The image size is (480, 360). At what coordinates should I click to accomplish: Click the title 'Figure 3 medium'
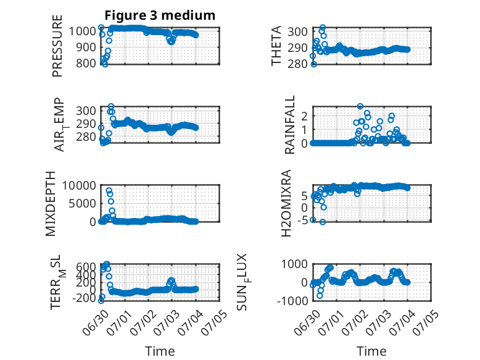point(160,15)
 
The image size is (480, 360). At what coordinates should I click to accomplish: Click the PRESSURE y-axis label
point(57,46)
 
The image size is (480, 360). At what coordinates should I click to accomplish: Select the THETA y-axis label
point(276,46)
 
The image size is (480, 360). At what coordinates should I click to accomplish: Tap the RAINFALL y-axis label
point(289,125)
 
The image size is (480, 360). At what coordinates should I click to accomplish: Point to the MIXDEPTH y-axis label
point(51,204)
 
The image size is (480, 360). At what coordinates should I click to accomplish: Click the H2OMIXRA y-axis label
point(286,203)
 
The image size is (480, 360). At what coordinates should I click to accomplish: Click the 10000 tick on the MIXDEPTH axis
point(79,185)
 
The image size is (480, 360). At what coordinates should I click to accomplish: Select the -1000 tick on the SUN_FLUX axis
point(292,301)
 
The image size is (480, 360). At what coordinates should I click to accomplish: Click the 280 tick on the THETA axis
point(297,64)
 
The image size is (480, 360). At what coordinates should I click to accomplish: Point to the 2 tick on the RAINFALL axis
point(304,116)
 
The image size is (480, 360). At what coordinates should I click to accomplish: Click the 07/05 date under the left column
point(215,322)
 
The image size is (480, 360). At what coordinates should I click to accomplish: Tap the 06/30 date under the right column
point(308,322)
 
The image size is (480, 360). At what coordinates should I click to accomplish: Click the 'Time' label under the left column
point(160,351)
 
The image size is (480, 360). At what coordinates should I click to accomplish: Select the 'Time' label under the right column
point(371,351)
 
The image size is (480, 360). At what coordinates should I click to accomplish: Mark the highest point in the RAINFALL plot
point(360,106)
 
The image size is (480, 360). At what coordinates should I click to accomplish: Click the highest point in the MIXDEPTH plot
point(109,191)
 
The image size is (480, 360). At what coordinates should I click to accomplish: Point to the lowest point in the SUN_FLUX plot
point(320,296)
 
